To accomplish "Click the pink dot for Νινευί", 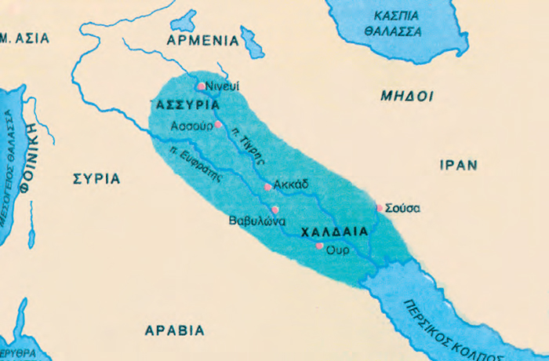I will [202, 86].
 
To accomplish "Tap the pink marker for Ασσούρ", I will [219, 124].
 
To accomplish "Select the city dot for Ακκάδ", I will [268, 187].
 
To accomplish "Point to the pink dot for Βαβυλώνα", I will [274, 210].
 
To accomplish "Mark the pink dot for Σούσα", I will [380, 208].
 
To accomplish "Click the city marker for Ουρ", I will [319, 246].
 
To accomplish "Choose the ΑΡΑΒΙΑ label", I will [174, 330].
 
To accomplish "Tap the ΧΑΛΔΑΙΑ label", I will [336, 232].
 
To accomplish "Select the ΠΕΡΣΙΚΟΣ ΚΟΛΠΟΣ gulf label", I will [461, 320].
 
